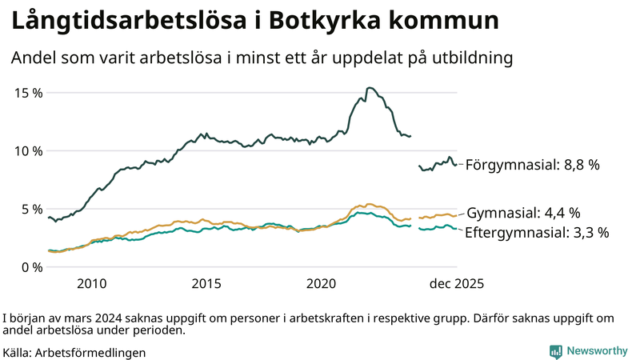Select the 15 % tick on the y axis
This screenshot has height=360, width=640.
29,93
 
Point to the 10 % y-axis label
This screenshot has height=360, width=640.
29,151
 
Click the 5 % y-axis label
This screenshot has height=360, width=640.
32,209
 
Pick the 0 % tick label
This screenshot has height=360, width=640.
32,267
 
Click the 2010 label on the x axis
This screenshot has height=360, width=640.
91,284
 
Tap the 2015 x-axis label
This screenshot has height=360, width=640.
206,284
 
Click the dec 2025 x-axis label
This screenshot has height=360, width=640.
457,284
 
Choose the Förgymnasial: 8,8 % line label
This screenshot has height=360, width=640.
532,165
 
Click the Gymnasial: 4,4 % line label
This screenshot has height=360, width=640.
523,214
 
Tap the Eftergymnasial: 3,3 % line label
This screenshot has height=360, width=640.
537,233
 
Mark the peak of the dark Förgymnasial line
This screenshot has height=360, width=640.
369,88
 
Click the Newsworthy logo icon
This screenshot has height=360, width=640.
555,351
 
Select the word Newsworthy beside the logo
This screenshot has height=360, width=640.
597,351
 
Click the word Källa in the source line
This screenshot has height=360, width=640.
18,352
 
